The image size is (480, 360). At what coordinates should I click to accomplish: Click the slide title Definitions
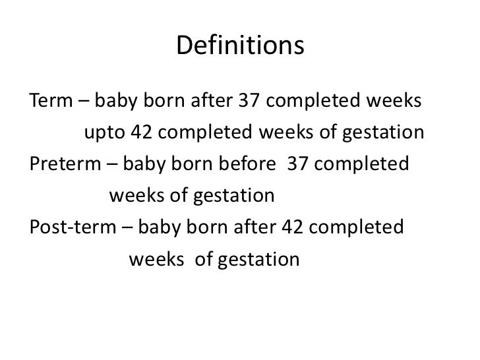click(240, 45)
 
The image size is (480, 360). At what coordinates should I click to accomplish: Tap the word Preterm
click(63, 165)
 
